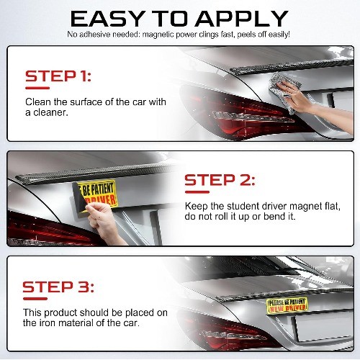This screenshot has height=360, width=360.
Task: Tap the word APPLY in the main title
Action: point(242,19)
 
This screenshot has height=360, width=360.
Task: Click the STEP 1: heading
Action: point(58,76)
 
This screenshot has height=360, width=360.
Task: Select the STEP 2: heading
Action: point(220,180)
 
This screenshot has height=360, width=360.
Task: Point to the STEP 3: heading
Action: point(58,287)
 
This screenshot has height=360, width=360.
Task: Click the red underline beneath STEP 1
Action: point(37,88)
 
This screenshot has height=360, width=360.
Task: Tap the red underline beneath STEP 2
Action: point(197,192)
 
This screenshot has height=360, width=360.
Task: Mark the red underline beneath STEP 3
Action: point(35,299)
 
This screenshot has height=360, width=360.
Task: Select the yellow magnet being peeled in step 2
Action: point(96,197)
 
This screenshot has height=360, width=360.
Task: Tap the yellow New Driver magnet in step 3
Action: point(287,305)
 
